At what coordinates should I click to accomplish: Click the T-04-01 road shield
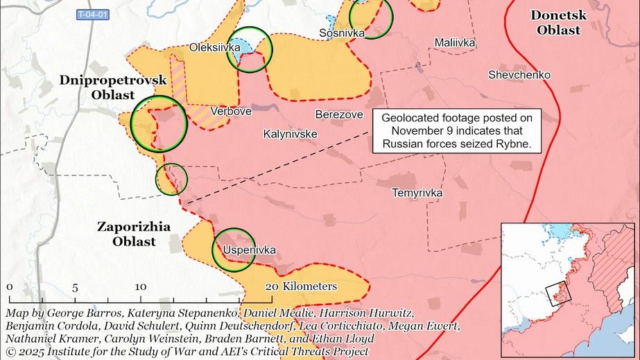click(92, 15)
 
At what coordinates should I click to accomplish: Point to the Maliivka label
click(455, 43)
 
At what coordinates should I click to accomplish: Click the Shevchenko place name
click(519, 74)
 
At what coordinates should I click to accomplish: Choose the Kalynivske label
click(290, 134)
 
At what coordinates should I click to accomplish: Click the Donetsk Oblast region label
click(558, 22)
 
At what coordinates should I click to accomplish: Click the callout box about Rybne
click(456, 131)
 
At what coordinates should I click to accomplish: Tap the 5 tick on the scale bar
click(74, 286)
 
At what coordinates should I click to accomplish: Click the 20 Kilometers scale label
click(300, 286)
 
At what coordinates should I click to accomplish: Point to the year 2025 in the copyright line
click(32, 352)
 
